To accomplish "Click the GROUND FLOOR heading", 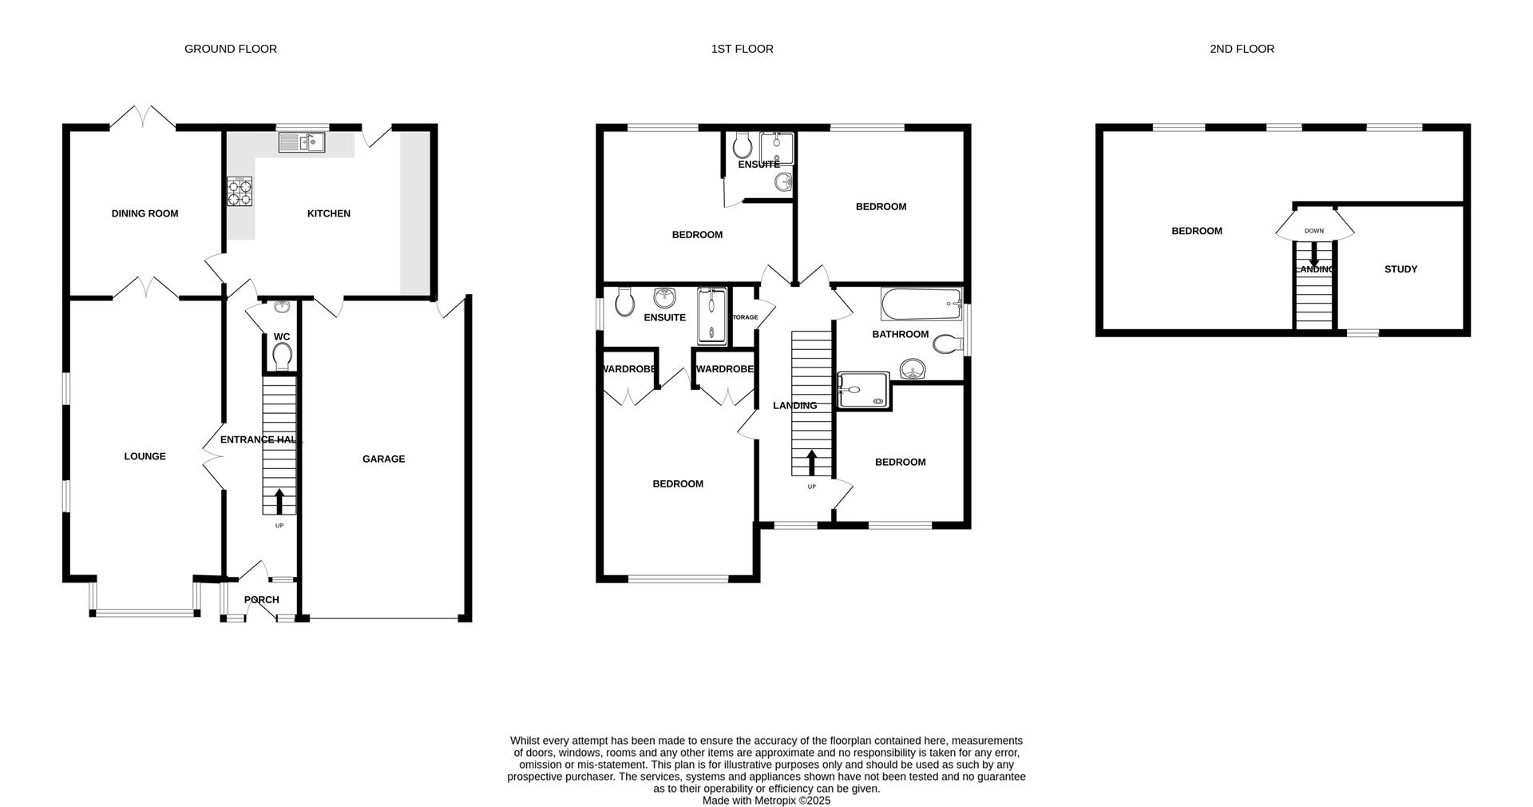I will tap(230, 49).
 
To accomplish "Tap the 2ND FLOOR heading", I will tap(1242, 49).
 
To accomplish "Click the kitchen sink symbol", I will tap(302, 143).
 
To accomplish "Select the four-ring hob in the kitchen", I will tap(239, 192).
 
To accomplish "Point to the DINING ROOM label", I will tap(145, 213).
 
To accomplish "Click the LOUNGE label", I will tap(145, 456).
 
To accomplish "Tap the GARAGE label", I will tap(383, 459).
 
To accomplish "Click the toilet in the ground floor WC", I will tap(282, 355).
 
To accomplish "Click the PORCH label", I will tap(261, 600).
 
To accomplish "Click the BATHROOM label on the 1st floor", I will tap(900, 334).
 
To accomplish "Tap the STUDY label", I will tap(1400, 269).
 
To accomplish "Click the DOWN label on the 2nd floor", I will tap(1313, 231).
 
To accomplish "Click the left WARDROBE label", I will tap(629, 369).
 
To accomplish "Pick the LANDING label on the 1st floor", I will tap(794, 405).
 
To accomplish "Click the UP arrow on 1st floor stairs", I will tap(812, 463).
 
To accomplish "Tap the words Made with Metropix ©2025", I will tap(766, 800).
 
